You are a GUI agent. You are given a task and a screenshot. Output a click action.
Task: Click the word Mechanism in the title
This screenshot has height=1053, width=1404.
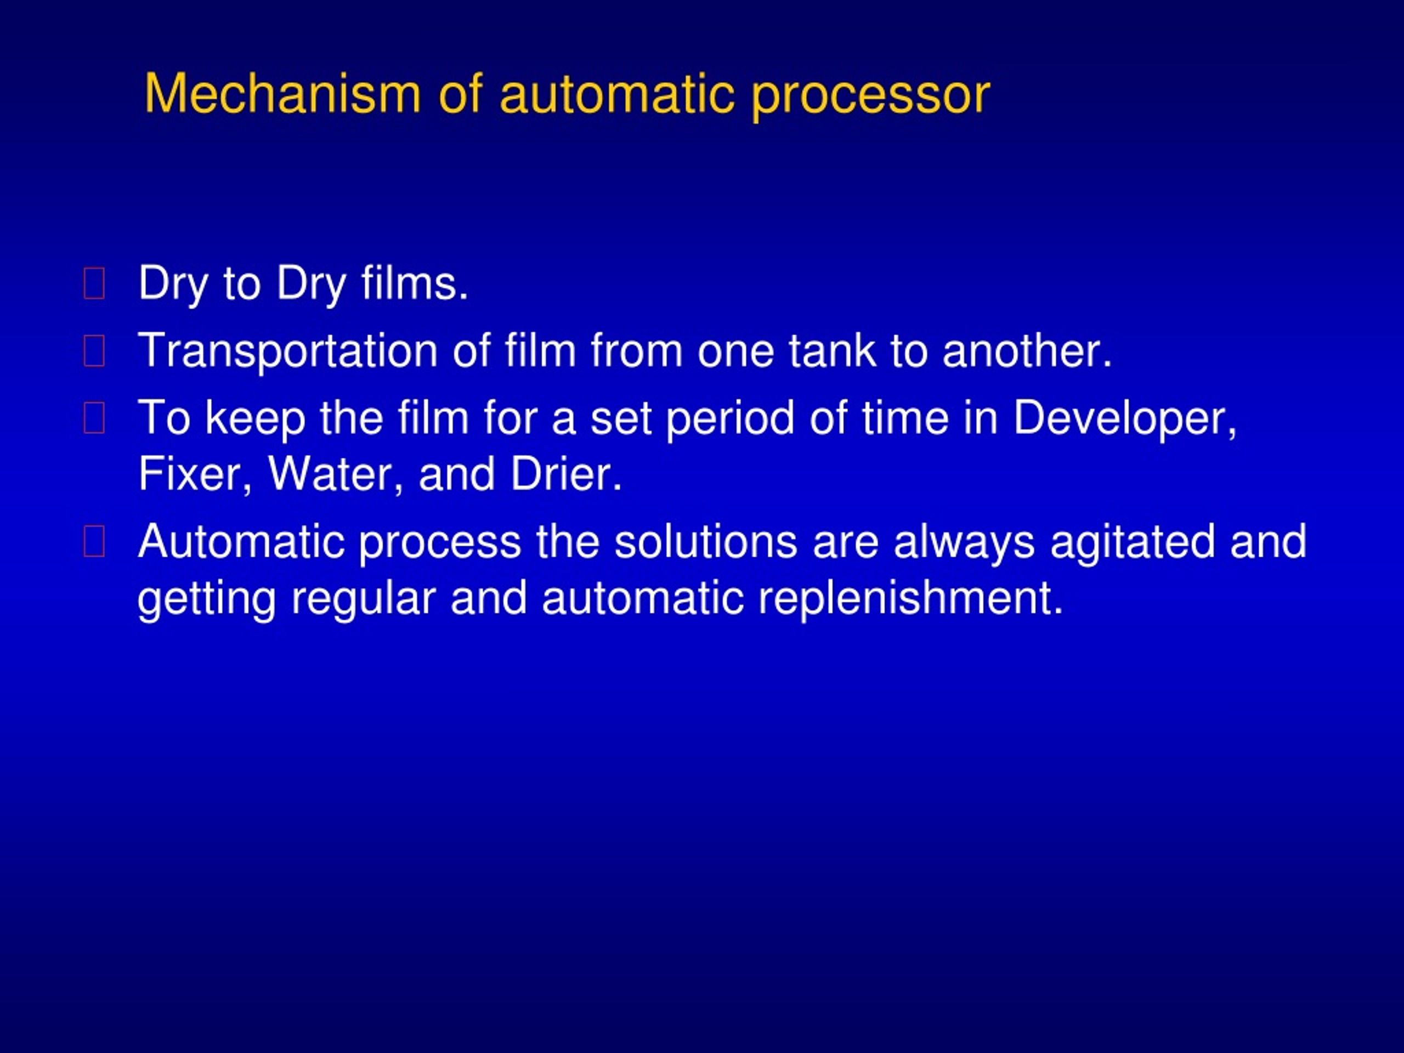click(x=282, y=94)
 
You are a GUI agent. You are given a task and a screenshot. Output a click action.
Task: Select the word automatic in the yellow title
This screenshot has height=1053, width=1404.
click(x=616, y=94)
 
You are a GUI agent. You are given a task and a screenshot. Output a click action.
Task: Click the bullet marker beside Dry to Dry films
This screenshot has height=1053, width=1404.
click(x=94, y=283)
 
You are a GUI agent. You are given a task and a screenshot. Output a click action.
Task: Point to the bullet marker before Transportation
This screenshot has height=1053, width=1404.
click(x=94, y=351)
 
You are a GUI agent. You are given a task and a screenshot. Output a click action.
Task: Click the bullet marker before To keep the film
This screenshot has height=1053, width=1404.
click(x=94, y=418)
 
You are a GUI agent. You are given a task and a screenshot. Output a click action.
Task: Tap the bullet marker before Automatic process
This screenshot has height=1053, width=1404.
click(x=94, y=542)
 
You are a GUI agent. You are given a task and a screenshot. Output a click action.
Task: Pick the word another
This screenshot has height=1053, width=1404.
click(x=1026, y=350)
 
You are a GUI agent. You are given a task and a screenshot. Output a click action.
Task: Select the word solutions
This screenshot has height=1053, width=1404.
click(x=705, y=541)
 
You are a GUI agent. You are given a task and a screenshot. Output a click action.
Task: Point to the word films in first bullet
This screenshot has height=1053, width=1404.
click(x=415, y=283)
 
